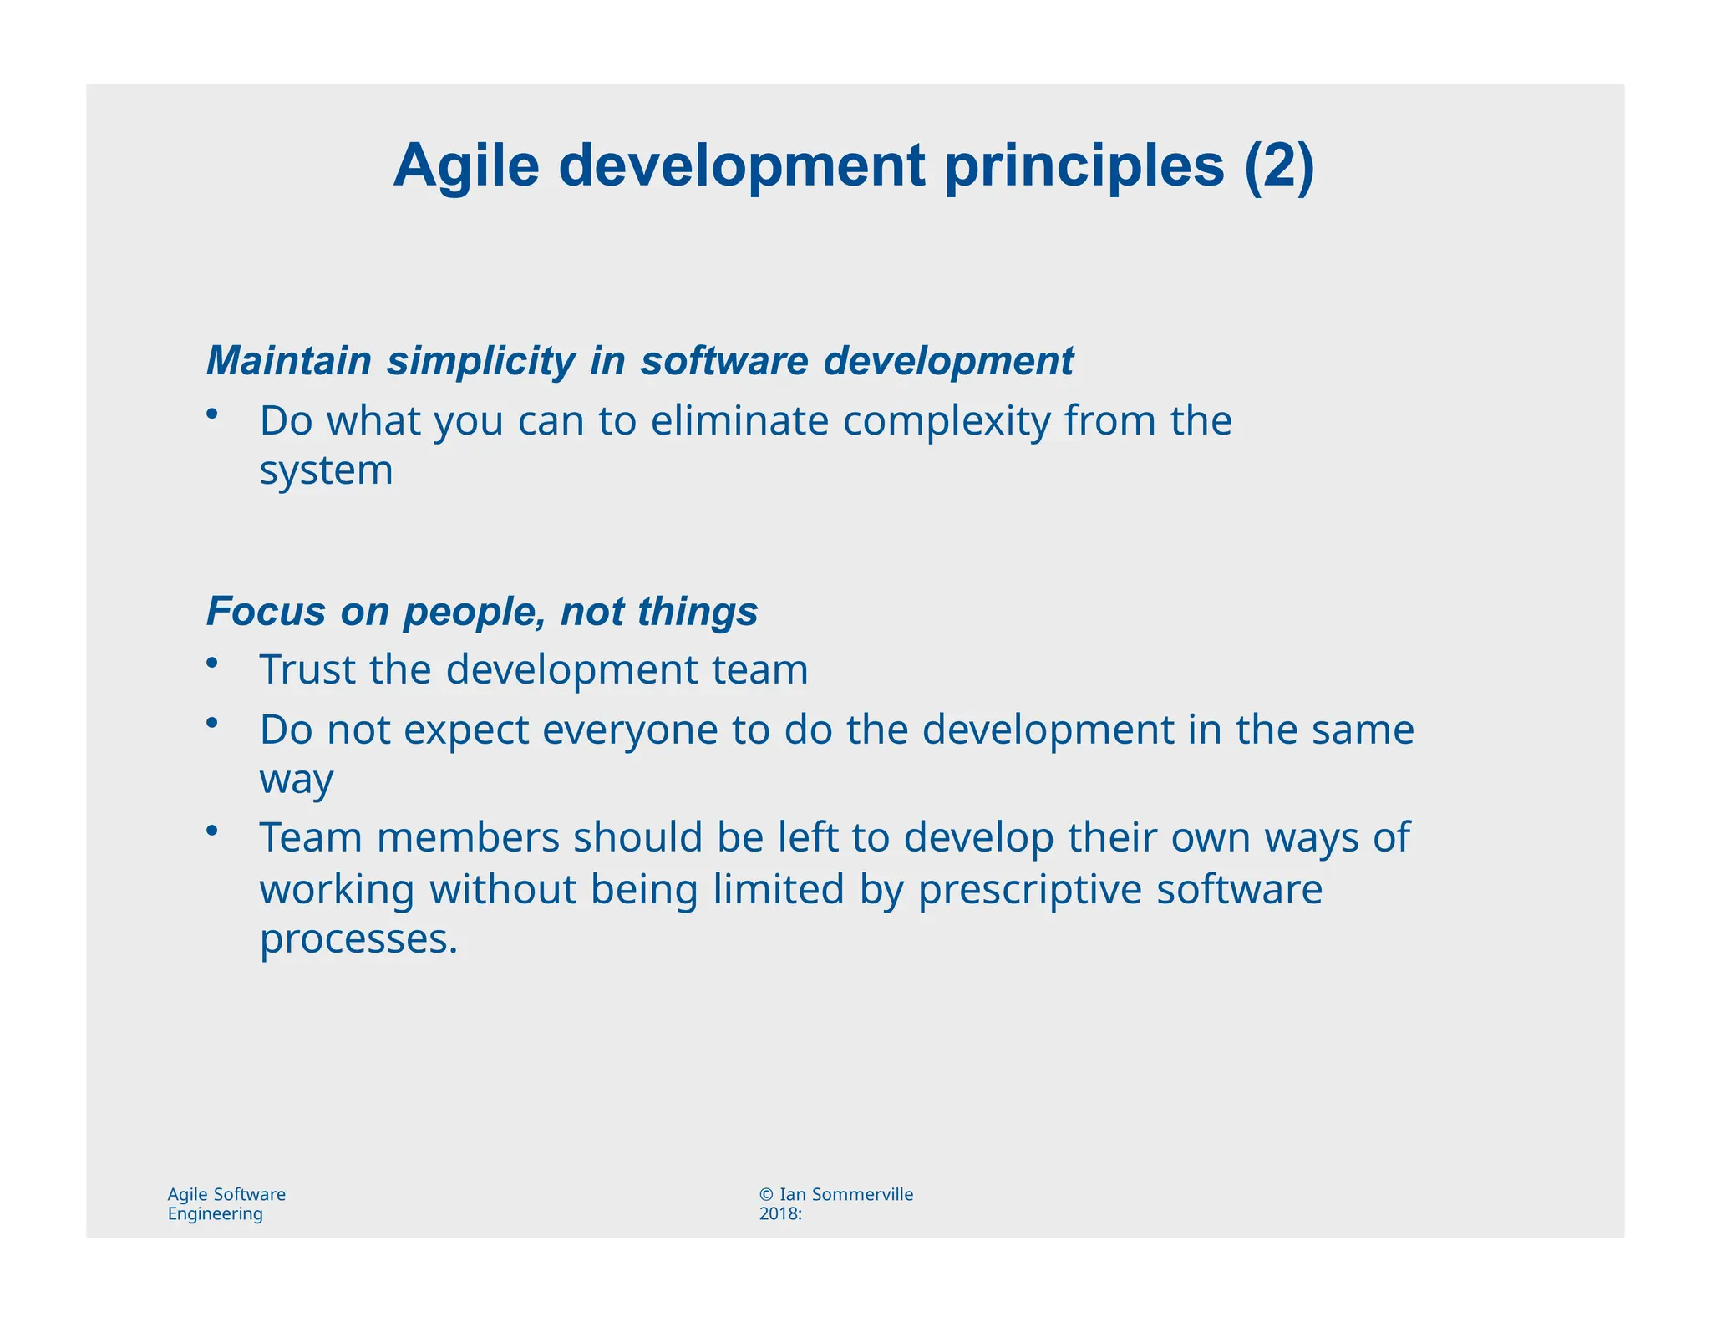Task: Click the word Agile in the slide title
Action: pyautogui.click(x=466, y=166)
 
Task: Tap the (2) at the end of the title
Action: pyautogui.click(x=1278, y=166)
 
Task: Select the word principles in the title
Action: pyautogui.click(x=1084, y=166)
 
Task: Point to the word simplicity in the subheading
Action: pyautogui.click(x=480, y=361)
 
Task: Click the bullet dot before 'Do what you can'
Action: pyautogui.click(x=212, y=413)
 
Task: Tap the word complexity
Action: pyautogui.click(x=946, y=420)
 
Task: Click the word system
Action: pyautogui.click(x=326, y=470)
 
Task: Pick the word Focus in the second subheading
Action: pyautogui.click(x=266, y=611)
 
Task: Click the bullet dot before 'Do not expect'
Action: pyautogui.click(x=212, y=721)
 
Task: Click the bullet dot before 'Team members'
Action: pyautogui.click(x=212, y=829)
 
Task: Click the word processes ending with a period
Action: pyautogui.click(x=358, y=938)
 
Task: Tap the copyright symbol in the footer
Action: pyautogui.click(x=766, y=1194)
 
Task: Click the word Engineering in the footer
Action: pyautogui.click(x=215, y=1213)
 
